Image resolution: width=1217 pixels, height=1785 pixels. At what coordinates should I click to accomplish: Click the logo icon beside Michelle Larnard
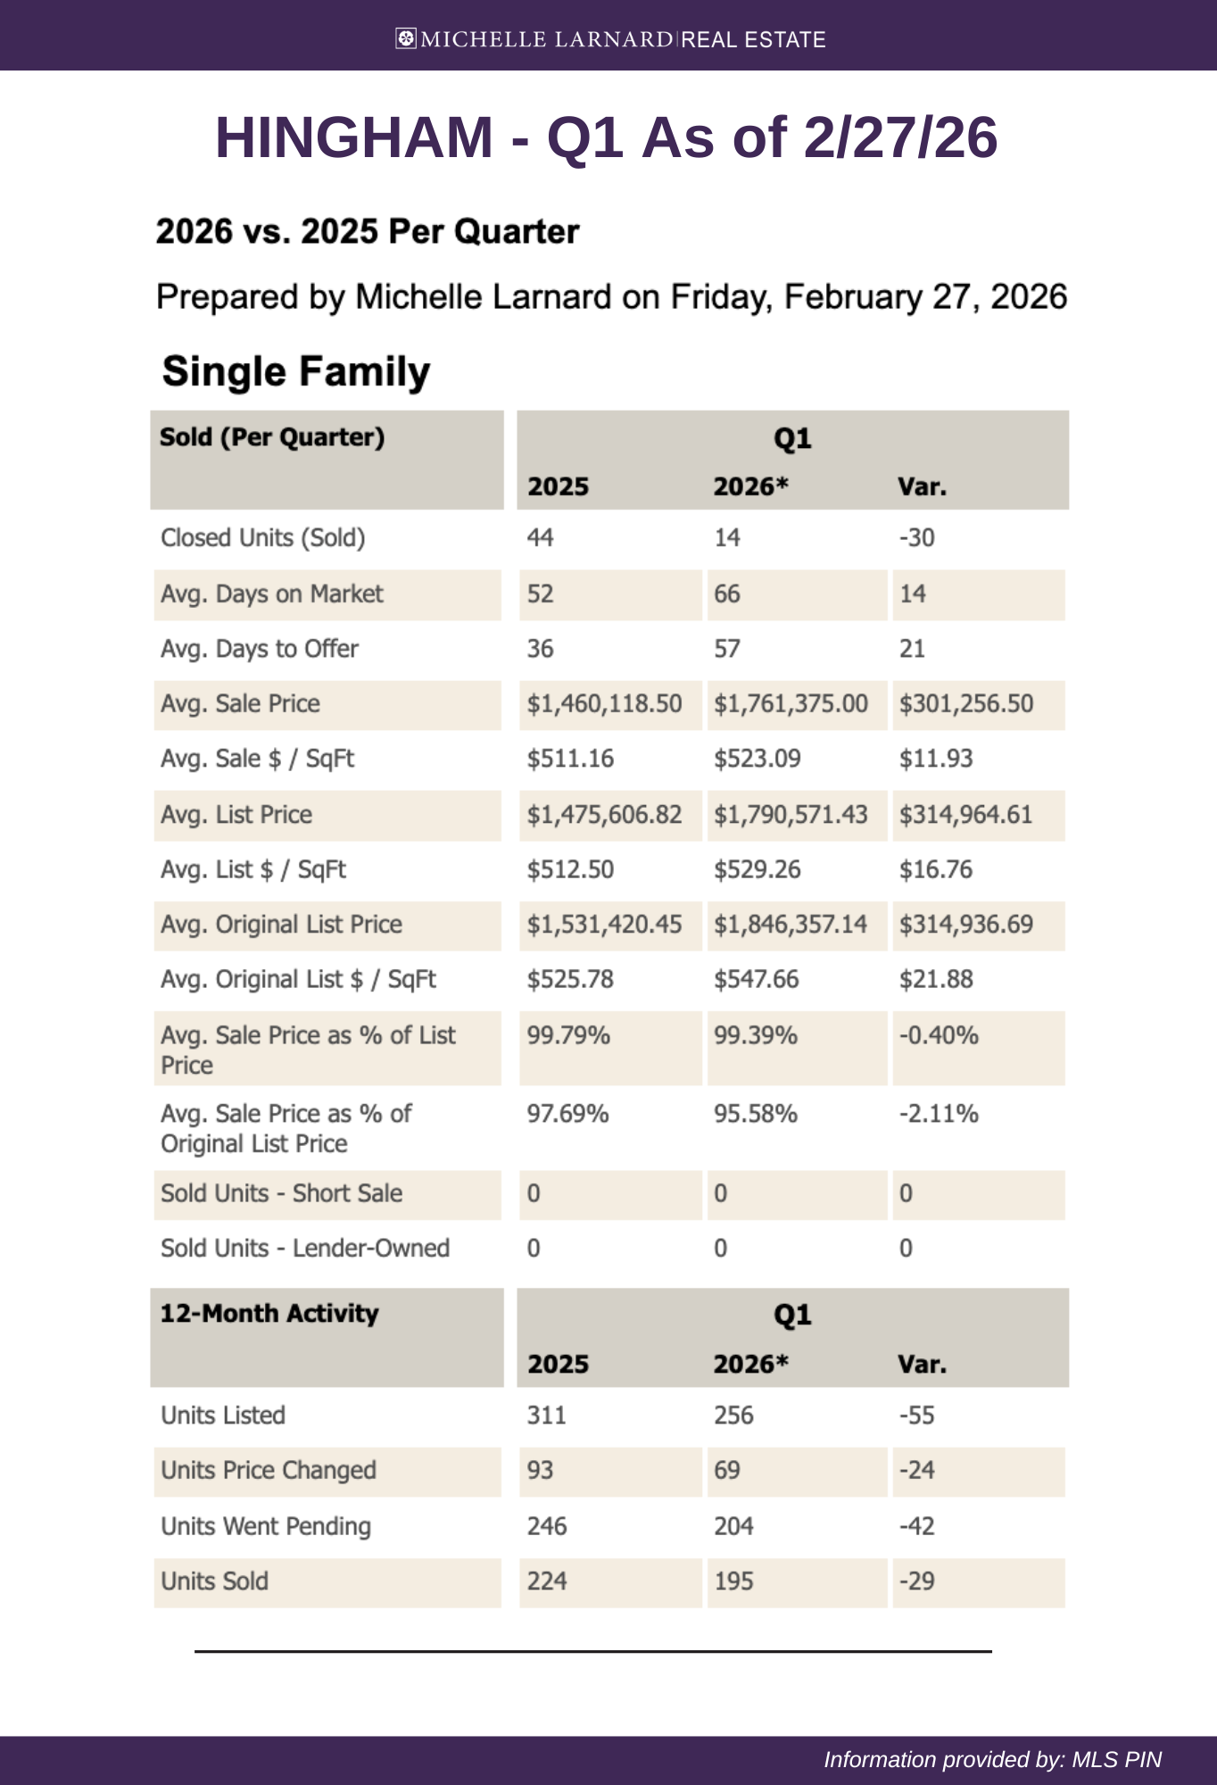tap(406, 38)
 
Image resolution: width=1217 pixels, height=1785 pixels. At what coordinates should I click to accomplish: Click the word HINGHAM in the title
tap(353, 137)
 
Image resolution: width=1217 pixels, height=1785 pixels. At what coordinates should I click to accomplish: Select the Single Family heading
tap(296, 371)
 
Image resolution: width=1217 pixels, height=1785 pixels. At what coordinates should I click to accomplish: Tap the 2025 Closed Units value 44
tap(540, 537)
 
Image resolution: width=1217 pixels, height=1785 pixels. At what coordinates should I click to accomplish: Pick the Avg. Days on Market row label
tap(271, 594)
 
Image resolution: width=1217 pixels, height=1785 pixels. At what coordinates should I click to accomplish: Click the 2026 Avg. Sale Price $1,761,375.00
tap(791, 703)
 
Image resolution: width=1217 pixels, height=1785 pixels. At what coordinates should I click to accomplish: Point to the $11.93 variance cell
tap(935, 759)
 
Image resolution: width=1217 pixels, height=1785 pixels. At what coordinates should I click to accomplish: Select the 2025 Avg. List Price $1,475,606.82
tap(604, 814)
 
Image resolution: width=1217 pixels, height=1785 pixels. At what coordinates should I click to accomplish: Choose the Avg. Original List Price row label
tap(281, 925)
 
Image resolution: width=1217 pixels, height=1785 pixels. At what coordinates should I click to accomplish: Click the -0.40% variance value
tap(939, 1035)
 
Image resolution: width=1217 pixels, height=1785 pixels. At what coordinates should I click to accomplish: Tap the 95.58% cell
tap(755, 1114)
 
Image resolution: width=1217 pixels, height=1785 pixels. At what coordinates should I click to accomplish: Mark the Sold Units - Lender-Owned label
tap(304, 1248)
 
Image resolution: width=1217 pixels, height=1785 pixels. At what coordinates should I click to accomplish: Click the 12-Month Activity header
tap(269, 1314)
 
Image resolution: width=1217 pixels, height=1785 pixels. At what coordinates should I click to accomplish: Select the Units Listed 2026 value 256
tap(733, 1416)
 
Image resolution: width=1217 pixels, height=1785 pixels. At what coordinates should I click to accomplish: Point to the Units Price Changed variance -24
tap(916, 1470)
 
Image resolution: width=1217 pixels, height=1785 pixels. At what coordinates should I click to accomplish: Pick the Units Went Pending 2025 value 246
tap(547, 1526)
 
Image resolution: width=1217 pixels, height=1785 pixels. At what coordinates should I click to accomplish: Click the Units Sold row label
tap(214, 1582)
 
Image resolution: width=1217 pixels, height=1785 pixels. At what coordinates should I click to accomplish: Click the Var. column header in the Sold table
tap(922, 486)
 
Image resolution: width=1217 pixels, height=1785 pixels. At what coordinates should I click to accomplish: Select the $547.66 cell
tap(756, 980)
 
